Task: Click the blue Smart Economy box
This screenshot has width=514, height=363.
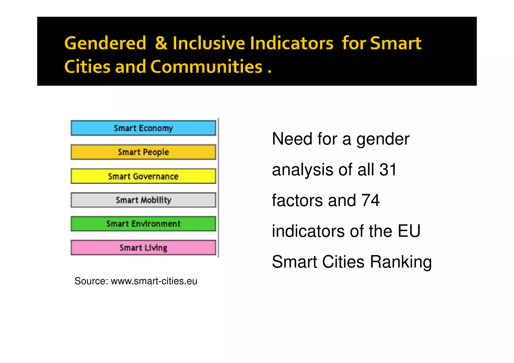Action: coord(143,128)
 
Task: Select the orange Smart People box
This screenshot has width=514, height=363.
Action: coord(143,152)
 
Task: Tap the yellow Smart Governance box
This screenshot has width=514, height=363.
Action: coord(143,176)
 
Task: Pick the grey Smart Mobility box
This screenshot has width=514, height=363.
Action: coord(143,200)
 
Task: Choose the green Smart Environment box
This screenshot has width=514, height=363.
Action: coord(143,224)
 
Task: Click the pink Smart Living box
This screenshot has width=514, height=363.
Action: coord(143,248)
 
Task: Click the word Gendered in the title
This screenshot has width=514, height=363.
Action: coord(105,43)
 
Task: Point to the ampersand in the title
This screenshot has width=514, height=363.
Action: coord(161,43)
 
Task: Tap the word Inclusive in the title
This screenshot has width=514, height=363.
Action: coord(209,43)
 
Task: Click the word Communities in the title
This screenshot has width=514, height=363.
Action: coord(206,67)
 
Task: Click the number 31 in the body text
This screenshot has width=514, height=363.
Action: coord(388,170)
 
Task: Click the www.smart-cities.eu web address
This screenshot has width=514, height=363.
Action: coord(154,281)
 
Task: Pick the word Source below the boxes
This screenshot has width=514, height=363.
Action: coord(91,281)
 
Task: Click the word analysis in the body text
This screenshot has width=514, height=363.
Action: coord(302,170)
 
